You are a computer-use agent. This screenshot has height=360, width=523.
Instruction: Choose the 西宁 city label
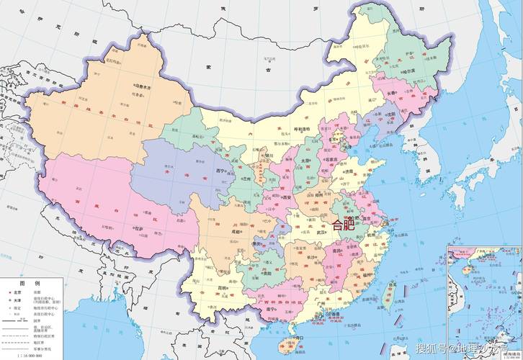click(221, 171)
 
